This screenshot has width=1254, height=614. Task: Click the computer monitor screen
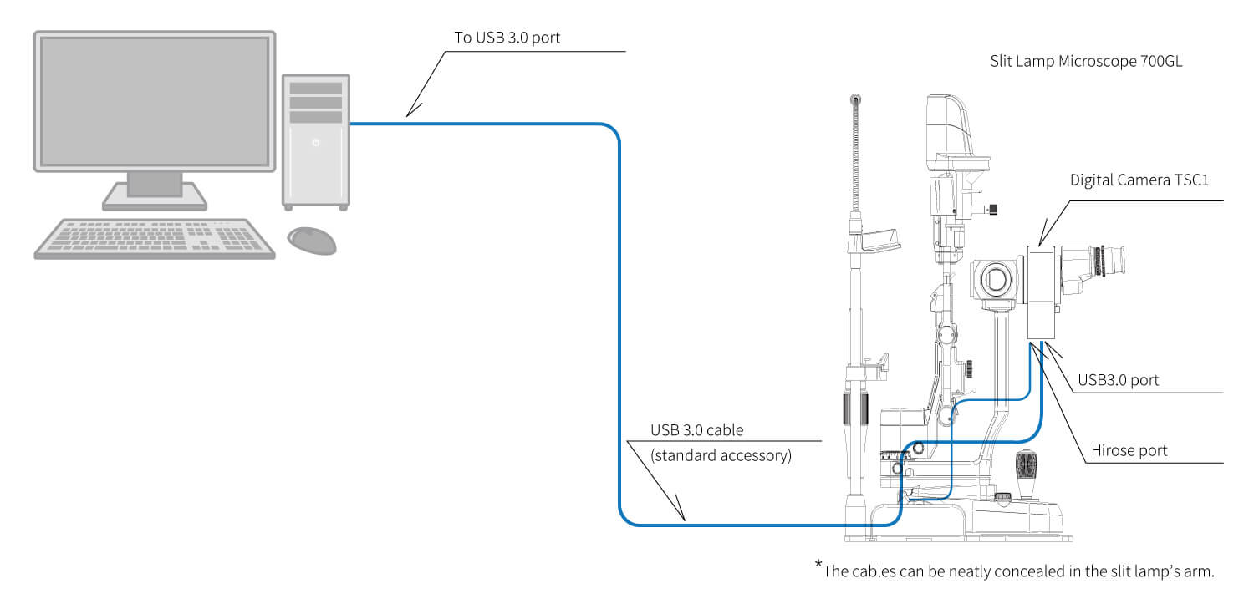(155, 101)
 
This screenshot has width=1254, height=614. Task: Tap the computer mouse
(312, 241)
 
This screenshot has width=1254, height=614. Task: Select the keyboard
(155, 239)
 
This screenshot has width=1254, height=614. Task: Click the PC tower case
(316, 141)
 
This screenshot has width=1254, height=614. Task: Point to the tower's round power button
(316, 143)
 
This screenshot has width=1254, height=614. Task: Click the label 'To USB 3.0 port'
(507, 38)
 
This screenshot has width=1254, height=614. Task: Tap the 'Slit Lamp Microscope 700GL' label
(1086, 61)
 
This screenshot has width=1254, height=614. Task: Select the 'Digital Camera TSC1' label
(1139, 180)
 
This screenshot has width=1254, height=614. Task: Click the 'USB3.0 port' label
(1118, 380)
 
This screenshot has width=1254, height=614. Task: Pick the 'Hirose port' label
(1129, 451)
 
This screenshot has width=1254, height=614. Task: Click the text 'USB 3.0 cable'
(697, 430)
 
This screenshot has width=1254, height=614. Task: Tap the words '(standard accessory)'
(721, 456)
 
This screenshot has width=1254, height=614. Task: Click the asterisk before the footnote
(818, 564)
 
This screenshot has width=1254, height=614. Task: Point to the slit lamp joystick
(1026, 473)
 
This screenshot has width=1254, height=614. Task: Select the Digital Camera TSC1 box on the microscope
(1042, 292)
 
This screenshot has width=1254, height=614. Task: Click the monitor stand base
(155, 198)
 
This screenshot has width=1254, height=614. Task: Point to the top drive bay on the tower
(316, 89)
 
